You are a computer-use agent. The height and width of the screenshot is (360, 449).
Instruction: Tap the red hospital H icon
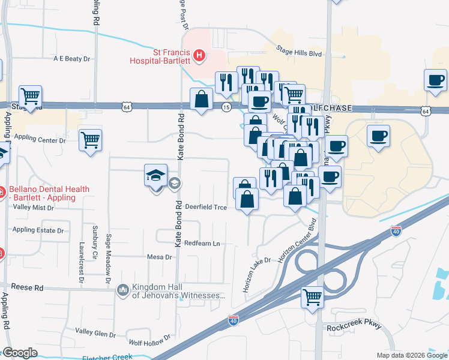tap(200, 57)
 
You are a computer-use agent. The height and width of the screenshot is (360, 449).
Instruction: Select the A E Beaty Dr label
tap(71, 59)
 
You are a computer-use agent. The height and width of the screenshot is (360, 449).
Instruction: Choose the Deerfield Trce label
tap(205, 206)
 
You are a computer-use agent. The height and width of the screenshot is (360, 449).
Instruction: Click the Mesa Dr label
tap(159, 257)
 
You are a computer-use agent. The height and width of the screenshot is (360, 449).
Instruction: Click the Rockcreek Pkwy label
tap(354, 328)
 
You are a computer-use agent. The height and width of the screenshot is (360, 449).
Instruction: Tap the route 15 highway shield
tap(226, 107)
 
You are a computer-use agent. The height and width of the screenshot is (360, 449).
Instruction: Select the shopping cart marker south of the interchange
tap(312, 296)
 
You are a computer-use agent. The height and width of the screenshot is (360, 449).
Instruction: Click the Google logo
tap(20, 353)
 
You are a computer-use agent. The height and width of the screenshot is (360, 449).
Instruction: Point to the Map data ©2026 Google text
tap(411, 355)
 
